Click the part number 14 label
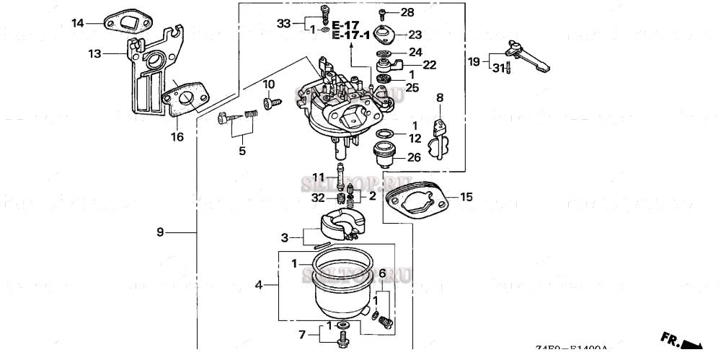78,23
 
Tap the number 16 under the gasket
177,136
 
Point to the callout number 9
161,232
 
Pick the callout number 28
407,13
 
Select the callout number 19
474,62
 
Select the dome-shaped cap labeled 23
385,34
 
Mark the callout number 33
283,23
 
